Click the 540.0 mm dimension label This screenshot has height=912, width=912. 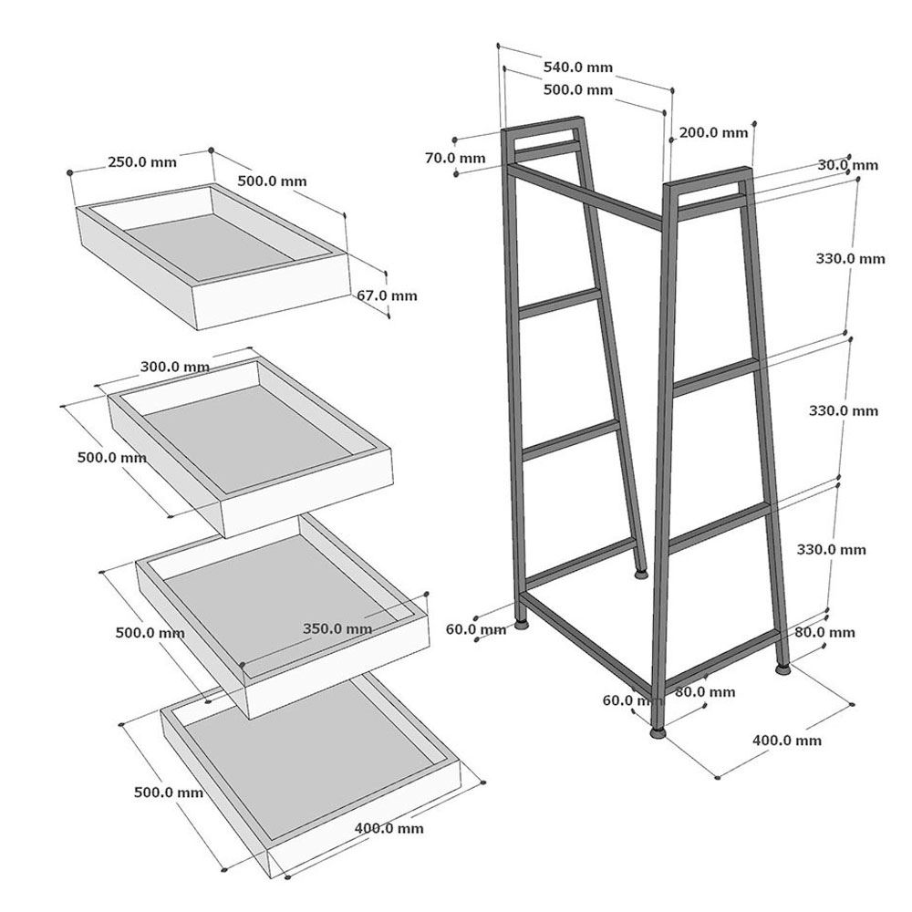point(577,67)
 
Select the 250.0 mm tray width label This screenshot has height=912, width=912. point(142,161)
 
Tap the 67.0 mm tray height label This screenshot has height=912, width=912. point(387,295)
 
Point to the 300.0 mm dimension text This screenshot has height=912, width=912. point(175,367)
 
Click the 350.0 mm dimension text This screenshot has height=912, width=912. point(337,628)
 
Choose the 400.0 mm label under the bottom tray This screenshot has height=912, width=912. point(389,828)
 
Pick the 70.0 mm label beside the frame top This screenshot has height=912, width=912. point(455,158)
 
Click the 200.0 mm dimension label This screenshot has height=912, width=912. point(714,132)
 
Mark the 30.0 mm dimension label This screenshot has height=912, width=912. point(848,165)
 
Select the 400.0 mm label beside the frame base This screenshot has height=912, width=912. point(787,741)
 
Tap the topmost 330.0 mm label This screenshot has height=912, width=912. point(850,259)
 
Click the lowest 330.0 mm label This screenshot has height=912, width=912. point(831,550)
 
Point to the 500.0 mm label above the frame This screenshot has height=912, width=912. point(577,90)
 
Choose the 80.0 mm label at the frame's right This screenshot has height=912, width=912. point(824,632)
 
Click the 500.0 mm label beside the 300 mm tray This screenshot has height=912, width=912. point(111,458)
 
